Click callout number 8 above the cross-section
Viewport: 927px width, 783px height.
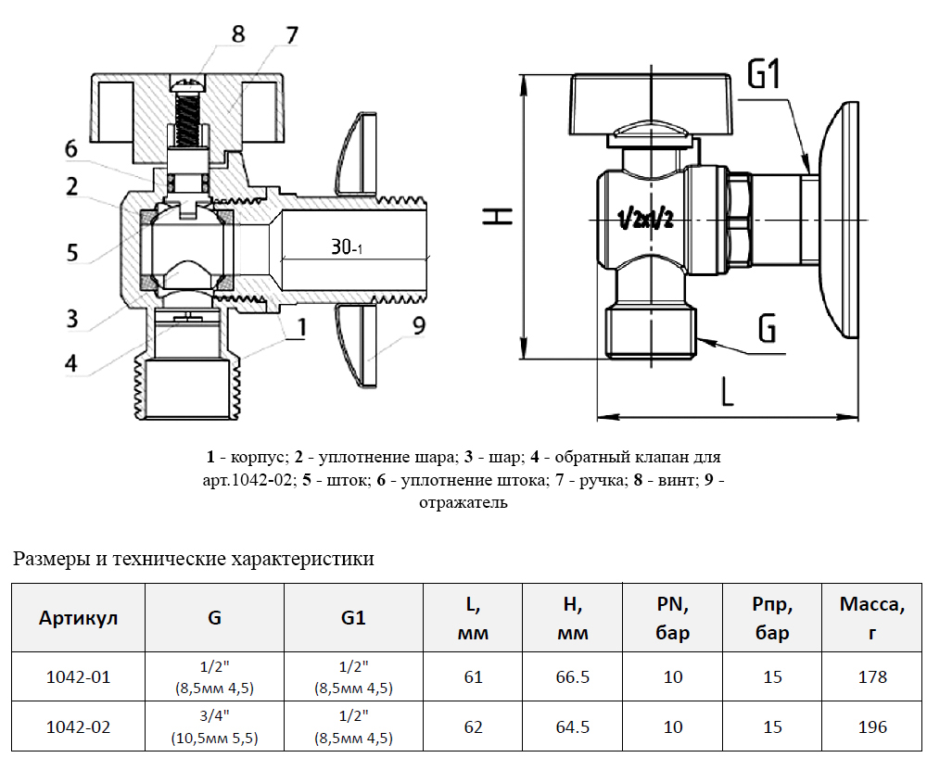tap(238, 34)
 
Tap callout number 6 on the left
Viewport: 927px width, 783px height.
tap(71, 148)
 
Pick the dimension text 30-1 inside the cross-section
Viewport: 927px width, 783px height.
tap(348, 247)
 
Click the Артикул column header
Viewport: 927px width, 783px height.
tap(78, 618)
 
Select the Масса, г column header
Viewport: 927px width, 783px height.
tap(871, 618)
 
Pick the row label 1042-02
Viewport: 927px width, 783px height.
tap(78, 726)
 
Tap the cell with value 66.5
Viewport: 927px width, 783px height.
tap(572, 676)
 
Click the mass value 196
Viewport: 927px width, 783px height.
tap(871, 726)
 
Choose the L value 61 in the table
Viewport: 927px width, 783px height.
tap(473, 676)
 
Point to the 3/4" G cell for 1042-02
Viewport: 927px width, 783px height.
tap(213, 726)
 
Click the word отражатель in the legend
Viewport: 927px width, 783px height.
tap(463, 503)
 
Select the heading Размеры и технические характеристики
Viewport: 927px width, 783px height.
tap(194, 559)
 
